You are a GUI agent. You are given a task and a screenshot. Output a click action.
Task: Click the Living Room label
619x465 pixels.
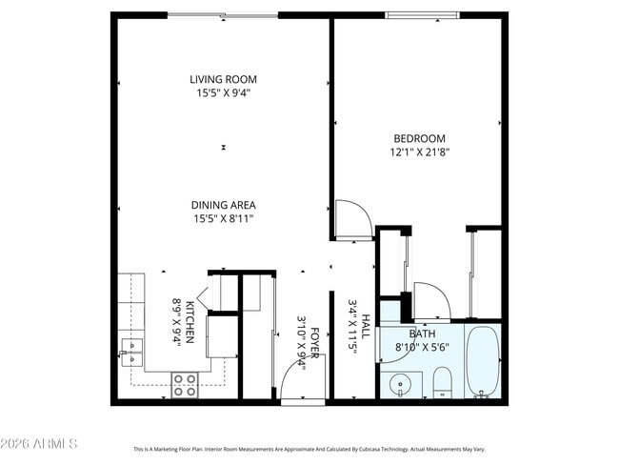click(223, 79)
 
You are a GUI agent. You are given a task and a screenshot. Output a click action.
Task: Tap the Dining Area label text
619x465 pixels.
click(223, 205)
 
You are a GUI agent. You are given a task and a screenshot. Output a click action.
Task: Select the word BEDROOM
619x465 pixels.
click(418, 138)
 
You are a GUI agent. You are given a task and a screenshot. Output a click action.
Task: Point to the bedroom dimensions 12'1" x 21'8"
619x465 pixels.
click(418, 152)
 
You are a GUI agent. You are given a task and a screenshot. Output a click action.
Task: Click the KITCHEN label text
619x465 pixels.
click(190, 321)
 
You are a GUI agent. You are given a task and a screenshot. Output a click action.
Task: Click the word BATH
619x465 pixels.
click(422, 334)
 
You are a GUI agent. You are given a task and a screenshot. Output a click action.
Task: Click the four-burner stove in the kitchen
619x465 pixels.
click(185, 384)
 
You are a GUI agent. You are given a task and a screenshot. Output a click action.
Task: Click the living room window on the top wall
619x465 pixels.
click(223, 15)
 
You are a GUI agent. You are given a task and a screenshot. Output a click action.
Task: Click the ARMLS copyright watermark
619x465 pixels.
click(39, 444)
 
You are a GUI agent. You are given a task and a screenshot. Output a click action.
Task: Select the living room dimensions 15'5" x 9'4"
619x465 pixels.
click(223, 93)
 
